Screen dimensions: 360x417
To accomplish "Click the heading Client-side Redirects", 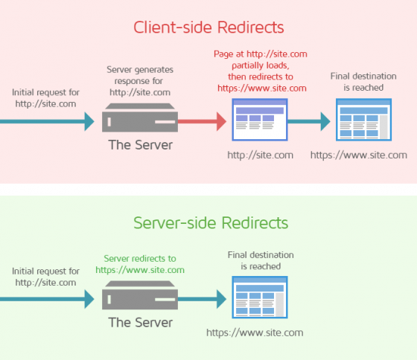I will pyautogui.click(x=208, y=28).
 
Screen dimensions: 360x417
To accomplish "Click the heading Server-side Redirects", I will pyautogui.click(x=208, y=222).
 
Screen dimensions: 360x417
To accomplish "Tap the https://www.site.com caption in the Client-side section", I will pyautogui.click(x=358, y=155).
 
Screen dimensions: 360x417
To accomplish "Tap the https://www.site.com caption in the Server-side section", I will pyautogui.click(x=254, y=332).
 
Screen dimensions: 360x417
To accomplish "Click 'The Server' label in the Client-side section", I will pyautogui.click(x=140, y=145).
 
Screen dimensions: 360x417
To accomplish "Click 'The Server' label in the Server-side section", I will pyautogui.click(x=140, y=323).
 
